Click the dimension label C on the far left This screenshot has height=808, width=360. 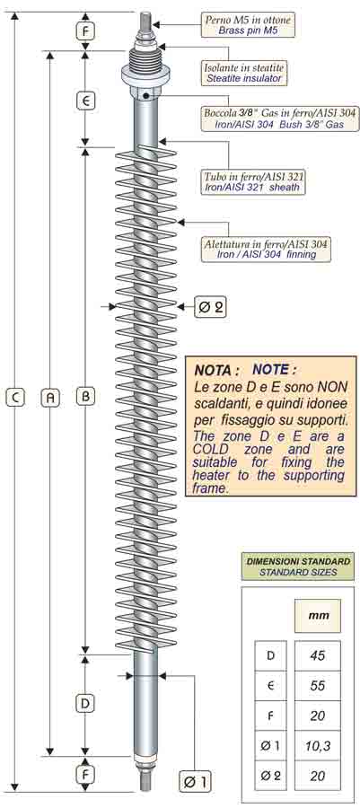[x=15, y=397]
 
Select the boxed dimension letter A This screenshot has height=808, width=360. [x=50, y=397]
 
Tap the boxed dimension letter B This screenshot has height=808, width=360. [x=86, y=396]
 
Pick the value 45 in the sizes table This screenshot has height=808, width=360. [x=317, y=656]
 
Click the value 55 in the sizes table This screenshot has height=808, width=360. [x=317, y=686]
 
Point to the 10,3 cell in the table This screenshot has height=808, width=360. [x=317, y=745]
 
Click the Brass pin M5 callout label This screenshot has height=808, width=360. [x=248, y=31]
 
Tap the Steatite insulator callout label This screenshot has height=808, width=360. [x=243, y=78]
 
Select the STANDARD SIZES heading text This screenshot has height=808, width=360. [x=297, y=572]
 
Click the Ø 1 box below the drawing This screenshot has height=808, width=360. [x=195, y=782]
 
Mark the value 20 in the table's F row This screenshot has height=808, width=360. [x=317, y=716]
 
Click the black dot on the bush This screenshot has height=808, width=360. [x=146, y=95]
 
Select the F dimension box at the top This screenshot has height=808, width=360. [x=86, y=31]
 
